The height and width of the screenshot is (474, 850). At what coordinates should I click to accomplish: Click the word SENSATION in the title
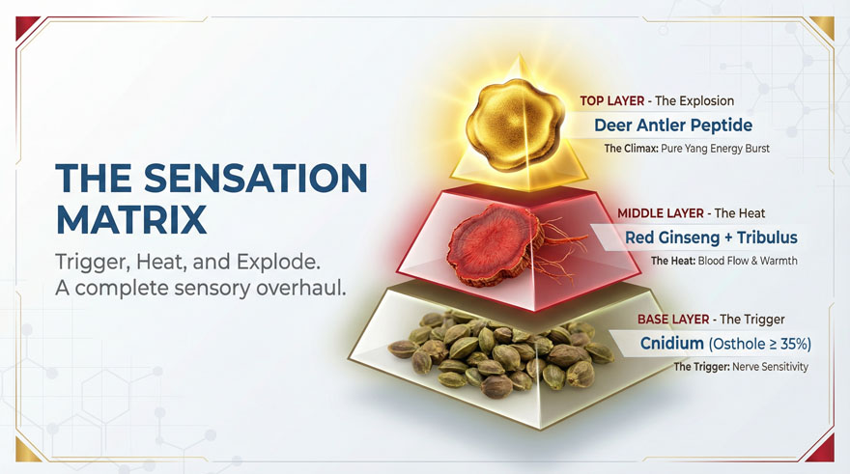[x=256, y=178]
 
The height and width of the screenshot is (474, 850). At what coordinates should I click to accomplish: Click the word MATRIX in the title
[x=130, y=219]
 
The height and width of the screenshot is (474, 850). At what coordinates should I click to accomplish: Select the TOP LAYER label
[x=612, y=100]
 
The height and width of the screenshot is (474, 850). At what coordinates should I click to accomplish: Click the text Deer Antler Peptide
[x=673, y=125]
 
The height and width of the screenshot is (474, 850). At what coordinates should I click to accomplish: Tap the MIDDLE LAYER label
[x=661, y=213]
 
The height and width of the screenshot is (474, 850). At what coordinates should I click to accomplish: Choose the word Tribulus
[x=767, y=237]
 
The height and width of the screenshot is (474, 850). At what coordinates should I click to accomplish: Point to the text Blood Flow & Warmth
[x=748, y=261]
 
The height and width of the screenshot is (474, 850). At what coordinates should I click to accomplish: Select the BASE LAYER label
[x=673, y=320]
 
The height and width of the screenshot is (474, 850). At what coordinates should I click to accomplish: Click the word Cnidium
[x=671, y=343]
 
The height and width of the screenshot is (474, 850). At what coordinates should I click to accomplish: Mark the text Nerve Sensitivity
[x=770, y=367]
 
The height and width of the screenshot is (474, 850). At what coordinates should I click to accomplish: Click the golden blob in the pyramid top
[x=514, y=125]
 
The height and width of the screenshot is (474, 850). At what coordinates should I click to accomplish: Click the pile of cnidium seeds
[x=499, y=352]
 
